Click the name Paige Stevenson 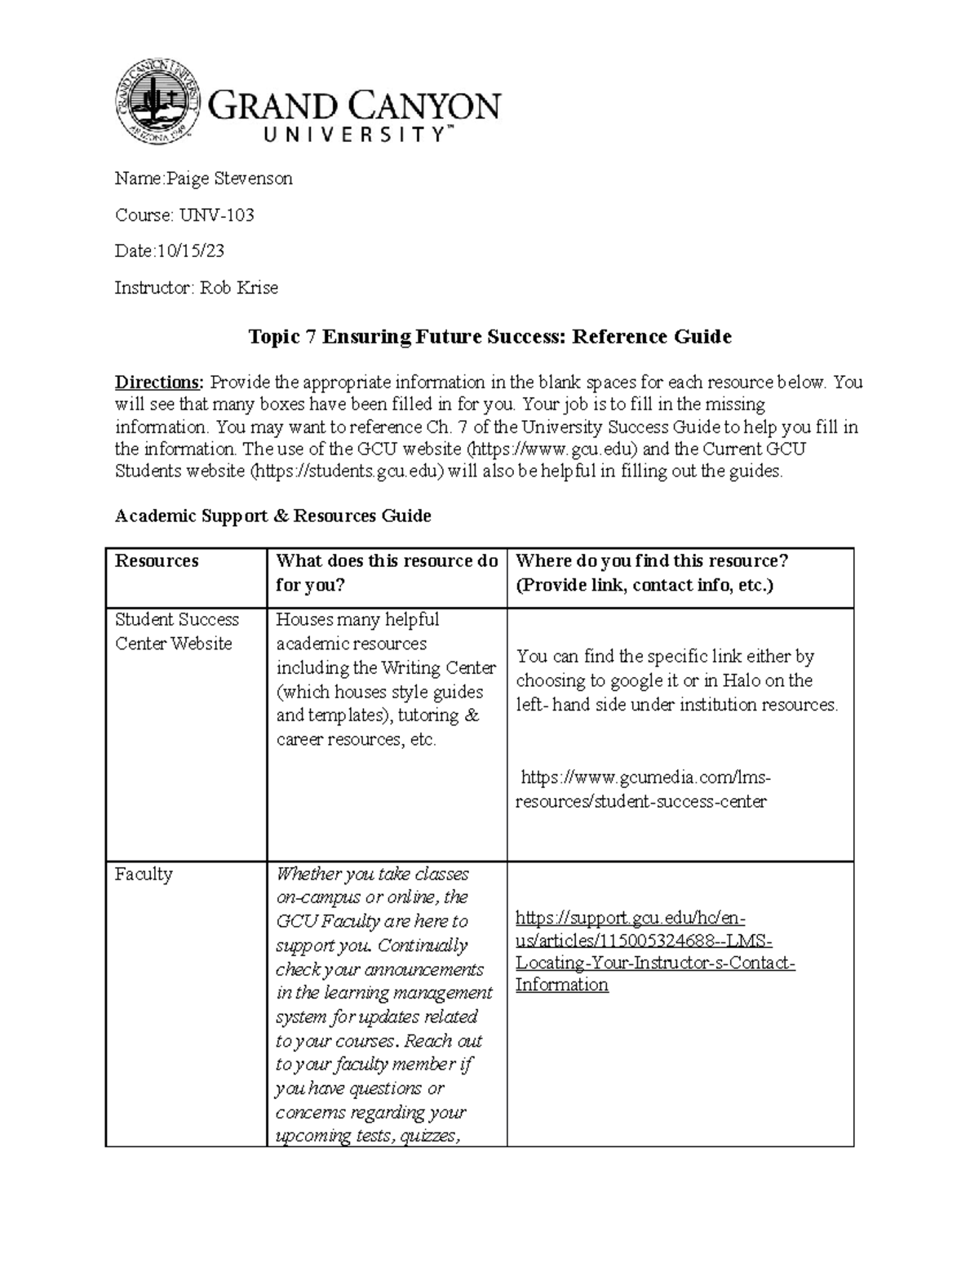[x=229, y=179]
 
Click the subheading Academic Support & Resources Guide [x=272, y=516]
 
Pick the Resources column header [x=157, y=561]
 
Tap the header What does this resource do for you [x=386, y=573]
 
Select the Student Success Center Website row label [x=177, y=631]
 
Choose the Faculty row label [x=144, y=875]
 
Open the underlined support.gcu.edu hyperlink [x=654, y=952]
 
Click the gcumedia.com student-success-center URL [x=645, y=789]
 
